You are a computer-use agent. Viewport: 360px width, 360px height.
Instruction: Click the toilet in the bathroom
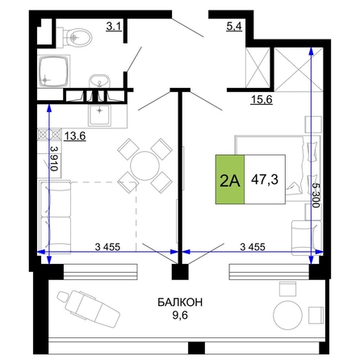74,36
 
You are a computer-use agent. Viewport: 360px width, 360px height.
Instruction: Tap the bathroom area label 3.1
114,27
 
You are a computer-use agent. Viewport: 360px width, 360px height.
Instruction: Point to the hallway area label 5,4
234,27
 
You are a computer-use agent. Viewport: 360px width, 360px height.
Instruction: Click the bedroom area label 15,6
262,100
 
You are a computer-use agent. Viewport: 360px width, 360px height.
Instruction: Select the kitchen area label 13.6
75,136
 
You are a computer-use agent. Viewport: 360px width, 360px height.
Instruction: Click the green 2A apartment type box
230,179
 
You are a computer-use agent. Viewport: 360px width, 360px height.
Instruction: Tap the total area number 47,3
265,179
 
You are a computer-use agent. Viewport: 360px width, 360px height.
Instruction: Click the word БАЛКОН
180,303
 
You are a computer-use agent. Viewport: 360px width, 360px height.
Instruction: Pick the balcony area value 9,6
180,315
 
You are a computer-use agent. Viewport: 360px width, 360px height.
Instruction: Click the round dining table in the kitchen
144,165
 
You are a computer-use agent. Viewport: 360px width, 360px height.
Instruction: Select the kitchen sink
100,115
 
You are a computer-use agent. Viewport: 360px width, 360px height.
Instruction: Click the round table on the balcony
287,315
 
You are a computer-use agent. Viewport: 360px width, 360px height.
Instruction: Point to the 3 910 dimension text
54,159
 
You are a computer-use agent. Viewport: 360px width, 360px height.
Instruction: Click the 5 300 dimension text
316,195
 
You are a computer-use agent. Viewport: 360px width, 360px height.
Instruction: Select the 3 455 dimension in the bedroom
253,246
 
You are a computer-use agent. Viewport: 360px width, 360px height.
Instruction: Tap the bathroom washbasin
100,81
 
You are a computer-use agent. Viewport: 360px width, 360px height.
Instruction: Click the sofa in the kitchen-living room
56,216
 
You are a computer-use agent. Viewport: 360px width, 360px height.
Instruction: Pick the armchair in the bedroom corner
306,238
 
